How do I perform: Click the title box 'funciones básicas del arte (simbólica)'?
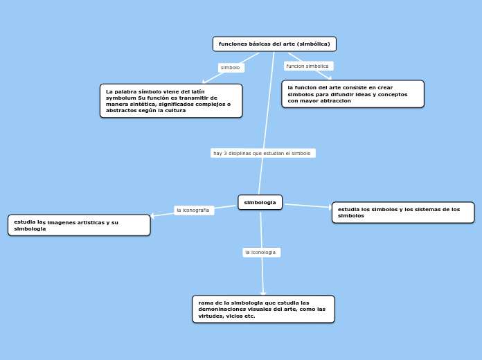[x=274, y=44]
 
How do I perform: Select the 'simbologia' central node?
[x=260, y=202]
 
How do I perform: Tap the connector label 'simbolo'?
[x=231, y=68]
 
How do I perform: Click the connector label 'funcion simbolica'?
[x=308, y=66]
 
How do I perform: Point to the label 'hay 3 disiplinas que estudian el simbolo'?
[x=263, y=153]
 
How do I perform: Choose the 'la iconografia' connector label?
[x=194, y=210]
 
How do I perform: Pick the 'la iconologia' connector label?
[x=261, y=253]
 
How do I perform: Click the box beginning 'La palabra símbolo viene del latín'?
[x=171, y=101]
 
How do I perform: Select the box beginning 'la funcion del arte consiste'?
[x=353, y=94]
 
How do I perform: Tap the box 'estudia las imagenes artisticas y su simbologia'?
[x=79, y=225]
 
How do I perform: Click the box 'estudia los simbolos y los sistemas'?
[x=403, y=213]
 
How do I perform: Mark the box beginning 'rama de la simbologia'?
[x=263, y=309]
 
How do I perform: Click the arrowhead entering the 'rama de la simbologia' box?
[x=263, y=294]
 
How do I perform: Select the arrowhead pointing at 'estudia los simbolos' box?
[x=330, y=207]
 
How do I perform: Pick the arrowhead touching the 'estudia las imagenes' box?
[x=152, y=215]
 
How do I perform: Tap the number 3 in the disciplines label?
[x=225, y=154]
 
